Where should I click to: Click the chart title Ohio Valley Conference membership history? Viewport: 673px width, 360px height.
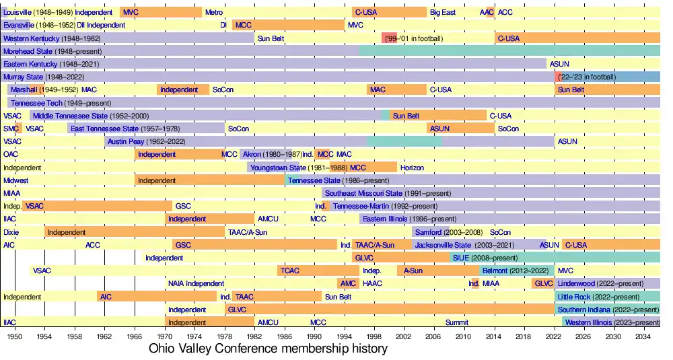(268, 349)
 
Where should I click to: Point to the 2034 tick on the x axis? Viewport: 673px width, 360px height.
(642, 336)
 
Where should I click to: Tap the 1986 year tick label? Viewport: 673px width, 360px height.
(285, 336)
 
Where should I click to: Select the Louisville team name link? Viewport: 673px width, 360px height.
(17, 12)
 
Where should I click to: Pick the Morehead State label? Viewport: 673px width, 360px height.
(28, 51)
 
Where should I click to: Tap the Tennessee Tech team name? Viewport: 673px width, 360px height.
(37, 103)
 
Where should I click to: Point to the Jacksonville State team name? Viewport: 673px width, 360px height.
(443, 245)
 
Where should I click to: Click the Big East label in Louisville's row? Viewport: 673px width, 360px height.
(443, 12)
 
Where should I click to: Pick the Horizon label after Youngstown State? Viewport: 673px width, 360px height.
(412, 168)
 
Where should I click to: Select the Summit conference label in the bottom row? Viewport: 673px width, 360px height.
(456, 322)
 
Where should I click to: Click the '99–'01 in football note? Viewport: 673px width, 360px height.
(414, 38)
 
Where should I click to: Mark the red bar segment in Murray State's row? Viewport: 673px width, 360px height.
(557, 77)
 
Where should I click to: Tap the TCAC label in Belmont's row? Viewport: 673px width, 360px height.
(290, 271)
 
